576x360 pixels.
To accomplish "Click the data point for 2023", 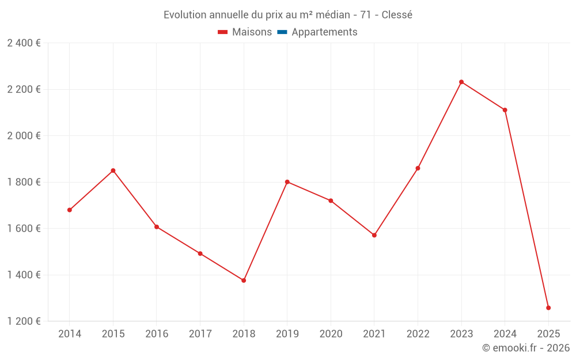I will coord(461,82).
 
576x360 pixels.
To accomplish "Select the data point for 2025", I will coord(548,308).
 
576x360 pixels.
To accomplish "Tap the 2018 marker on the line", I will coord(244,281).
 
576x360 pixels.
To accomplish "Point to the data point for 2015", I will coord(113,170).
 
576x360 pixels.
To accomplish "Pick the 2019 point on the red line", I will coord(287,182).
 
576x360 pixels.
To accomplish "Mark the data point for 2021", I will coord(374,235).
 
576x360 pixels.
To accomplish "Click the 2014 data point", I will coord(70,210).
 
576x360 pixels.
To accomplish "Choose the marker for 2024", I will coord(505,110).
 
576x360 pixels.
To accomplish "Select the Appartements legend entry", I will coord(324,32).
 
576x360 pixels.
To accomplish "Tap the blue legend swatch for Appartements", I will coord(282,32).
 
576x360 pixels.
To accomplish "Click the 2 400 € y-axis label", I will coord(24,43).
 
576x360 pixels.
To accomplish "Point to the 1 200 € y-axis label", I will coord(24,321).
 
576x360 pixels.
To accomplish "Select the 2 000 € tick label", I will coord(24,136).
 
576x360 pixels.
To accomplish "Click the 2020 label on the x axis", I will coord(331,334).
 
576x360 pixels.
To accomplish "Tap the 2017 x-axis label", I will coord(200,334).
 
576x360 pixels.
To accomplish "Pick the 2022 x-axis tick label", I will coord(418,334).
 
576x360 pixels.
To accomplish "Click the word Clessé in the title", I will coord(397,15).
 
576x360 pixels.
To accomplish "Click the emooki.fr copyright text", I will coord(526,348).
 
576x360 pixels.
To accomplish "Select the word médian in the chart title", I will coord(331,15).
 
